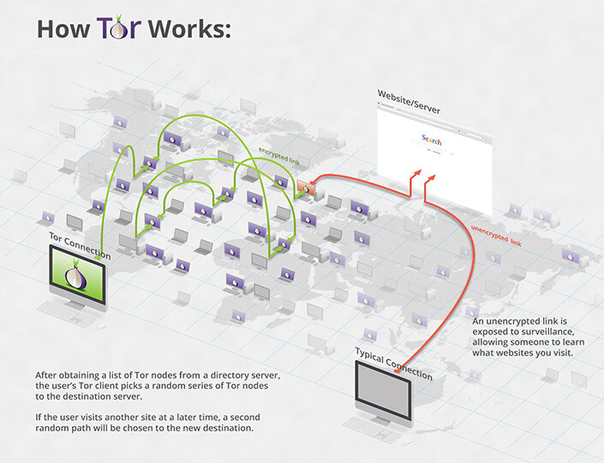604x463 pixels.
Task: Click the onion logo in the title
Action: click(120, 28)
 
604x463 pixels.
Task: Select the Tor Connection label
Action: click(80, 246)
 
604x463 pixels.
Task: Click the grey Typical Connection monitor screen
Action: click(383, 391)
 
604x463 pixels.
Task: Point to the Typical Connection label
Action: click(394, 364)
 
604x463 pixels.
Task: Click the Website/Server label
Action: click(409, 102)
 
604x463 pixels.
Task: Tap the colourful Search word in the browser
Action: click(432, 140)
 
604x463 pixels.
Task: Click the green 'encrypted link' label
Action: click(279, 155)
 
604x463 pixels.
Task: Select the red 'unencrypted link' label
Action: click(496, 235)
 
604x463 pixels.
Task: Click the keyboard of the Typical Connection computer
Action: click(372, 430)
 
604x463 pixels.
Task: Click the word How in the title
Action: click(63, 28)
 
